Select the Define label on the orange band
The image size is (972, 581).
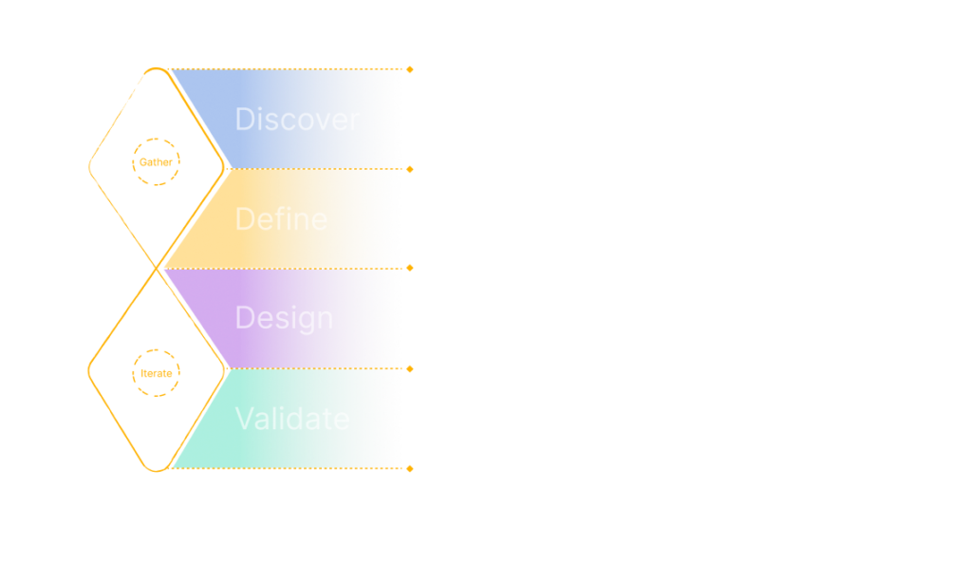pos(281,219)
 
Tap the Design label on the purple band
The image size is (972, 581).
pos(284,318)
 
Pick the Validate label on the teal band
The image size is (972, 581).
pos(292,419)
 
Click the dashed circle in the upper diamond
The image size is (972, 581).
pos(156,162)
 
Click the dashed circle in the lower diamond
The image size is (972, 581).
pos(157,373)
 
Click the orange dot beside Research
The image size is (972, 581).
pos(410,69)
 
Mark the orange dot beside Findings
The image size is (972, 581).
pos(410,169)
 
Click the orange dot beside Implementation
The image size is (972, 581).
pos(410,468)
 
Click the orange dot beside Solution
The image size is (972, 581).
pos(410,368)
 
